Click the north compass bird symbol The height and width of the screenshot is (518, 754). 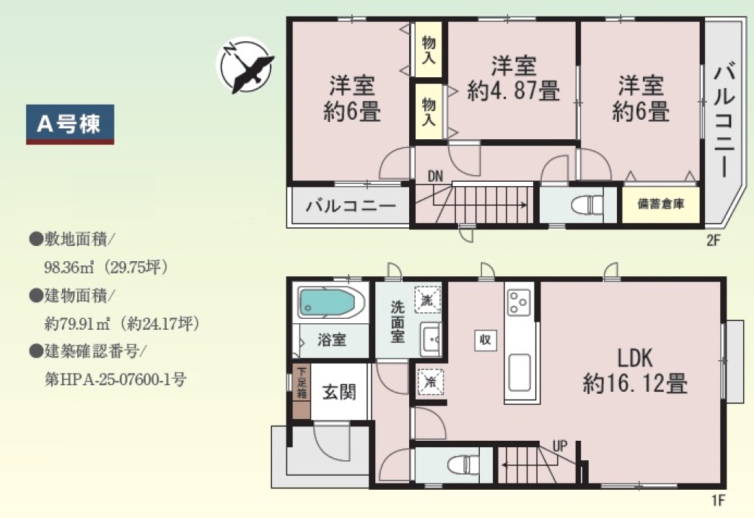[x=245, y=66]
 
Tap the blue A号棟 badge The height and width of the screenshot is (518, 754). [x=70, y=125]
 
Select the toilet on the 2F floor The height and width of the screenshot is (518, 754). [x=587, y=204]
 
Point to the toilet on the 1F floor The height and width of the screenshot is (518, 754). [x=463, y=465]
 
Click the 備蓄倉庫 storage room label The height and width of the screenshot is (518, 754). [x=661, y=204]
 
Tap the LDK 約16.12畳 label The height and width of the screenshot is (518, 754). [x=635, y=371]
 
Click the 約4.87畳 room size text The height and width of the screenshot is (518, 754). [x=514, y=90]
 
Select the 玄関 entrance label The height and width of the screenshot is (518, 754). [x=339, y=392]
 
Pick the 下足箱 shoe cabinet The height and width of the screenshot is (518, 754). [x=302, y=391]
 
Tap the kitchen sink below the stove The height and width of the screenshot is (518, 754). [x=520, y=373]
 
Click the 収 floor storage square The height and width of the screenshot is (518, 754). [x=485, y=340]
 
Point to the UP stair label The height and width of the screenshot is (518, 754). [x=560, y=446]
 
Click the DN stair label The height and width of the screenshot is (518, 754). [x=435, y=176]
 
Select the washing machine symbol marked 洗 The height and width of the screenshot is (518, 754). [x=427, y=300]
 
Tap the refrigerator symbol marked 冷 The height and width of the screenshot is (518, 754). [x=430, y=382]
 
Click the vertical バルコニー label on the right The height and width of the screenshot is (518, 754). [x=724, y=121]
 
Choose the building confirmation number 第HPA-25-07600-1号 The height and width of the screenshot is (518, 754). [x=115, y=379]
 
